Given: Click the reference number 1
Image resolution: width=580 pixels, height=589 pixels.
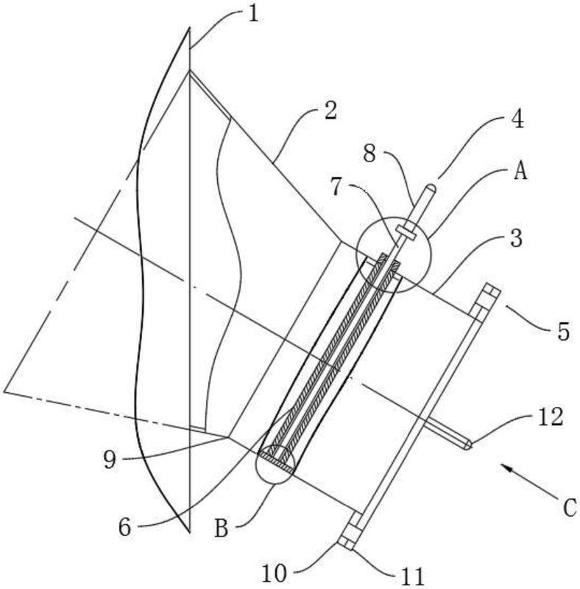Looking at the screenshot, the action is click(x=252, y=14).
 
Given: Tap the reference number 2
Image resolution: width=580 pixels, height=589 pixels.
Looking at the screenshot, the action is click(x=330, y=111).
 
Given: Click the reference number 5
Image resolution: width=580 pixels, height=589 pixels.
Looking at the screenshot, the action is click(x=563, y=332).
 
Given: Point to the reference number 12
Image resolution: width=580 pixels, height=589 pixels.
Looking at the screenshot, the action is click(x=551, y=417).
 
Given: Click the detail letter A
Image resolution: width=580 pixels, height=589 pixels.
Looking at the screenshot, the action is click(x=520, y=172).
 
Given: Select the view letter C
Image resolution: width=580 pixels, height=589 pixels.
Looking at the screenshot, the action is click(x=569, y=507).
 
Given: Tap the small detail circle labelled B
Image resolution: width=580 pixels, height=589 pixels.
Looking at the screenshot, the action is click(x=275, y=463).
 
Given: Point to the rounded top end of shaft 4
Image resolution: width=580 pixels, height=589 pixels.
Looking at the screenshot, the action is click(x=434, y=189).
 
